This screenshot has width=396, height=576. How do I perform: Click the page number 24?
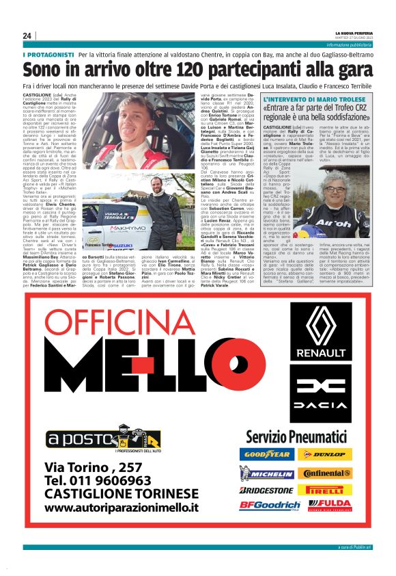pyautogui.click(x=27, y=36)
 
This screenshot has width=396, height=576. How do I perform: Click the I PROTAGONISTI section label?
pyautogui.click(x=47, y=54)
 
